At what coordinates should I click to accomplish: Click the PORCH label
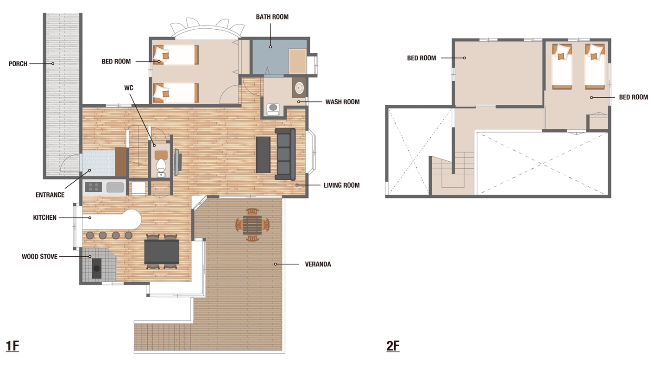coord(18,63)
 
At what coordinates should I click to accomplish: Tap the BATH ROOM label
coord(272,17)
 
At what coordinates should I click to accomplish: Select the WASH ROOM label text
coord(342,102)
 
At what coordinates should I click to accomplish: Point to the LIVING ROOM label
coord(342,185)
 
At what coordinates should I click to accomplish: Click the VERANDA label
coord(318,264)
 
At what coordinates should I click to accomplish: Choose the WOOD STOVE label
coord(39,257)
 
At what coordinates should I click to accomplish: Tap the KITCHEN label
coord(44,217)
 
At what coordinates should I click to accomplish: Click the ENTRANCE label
coord(50,195)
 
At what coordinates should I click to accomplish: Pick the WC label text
coord(128,88)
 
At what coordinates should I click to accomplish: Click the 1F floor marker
coord(12,346)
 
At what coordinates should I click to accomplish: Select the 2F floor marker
coord(393,346)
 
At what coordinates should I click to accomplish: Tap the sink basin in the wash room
coord(299,88)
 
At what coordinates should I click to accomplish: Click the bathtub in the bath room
coord(297,61)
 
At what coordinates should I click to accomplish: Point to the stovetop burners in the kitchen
coord(94,187)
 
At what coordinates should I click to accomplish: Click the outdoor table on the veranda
coord(252,225)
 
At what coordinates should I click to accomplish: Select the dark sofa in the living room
coord(285,154)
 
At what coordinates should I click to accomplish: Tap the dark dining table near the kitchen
coord(162,252)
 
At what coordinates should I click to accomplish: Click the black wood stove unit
coord(97,268)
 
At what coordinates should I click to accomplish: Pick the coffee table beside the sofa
coord(264,155)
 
